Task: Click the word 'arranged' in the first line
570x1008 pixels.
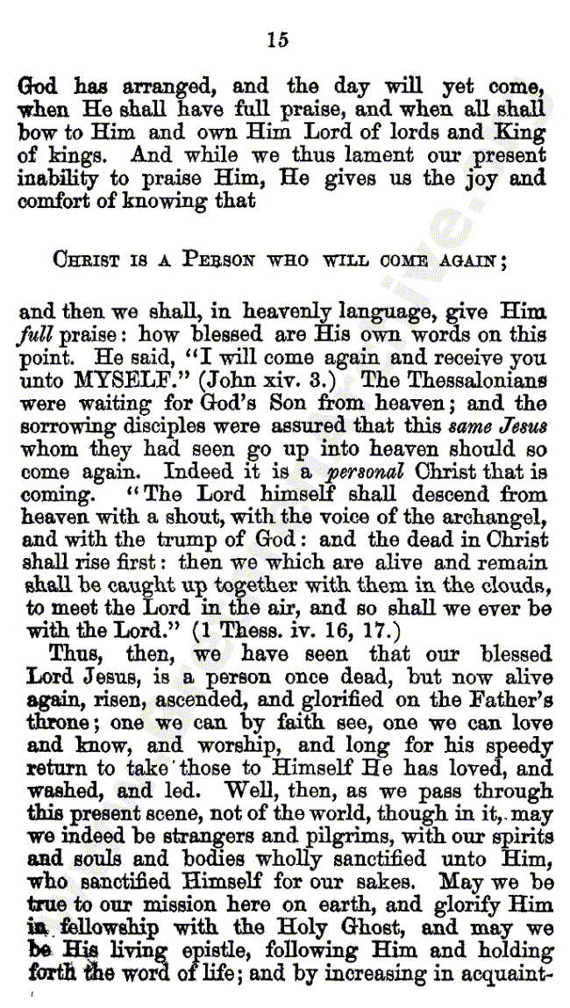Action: (x=160, y=88)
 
